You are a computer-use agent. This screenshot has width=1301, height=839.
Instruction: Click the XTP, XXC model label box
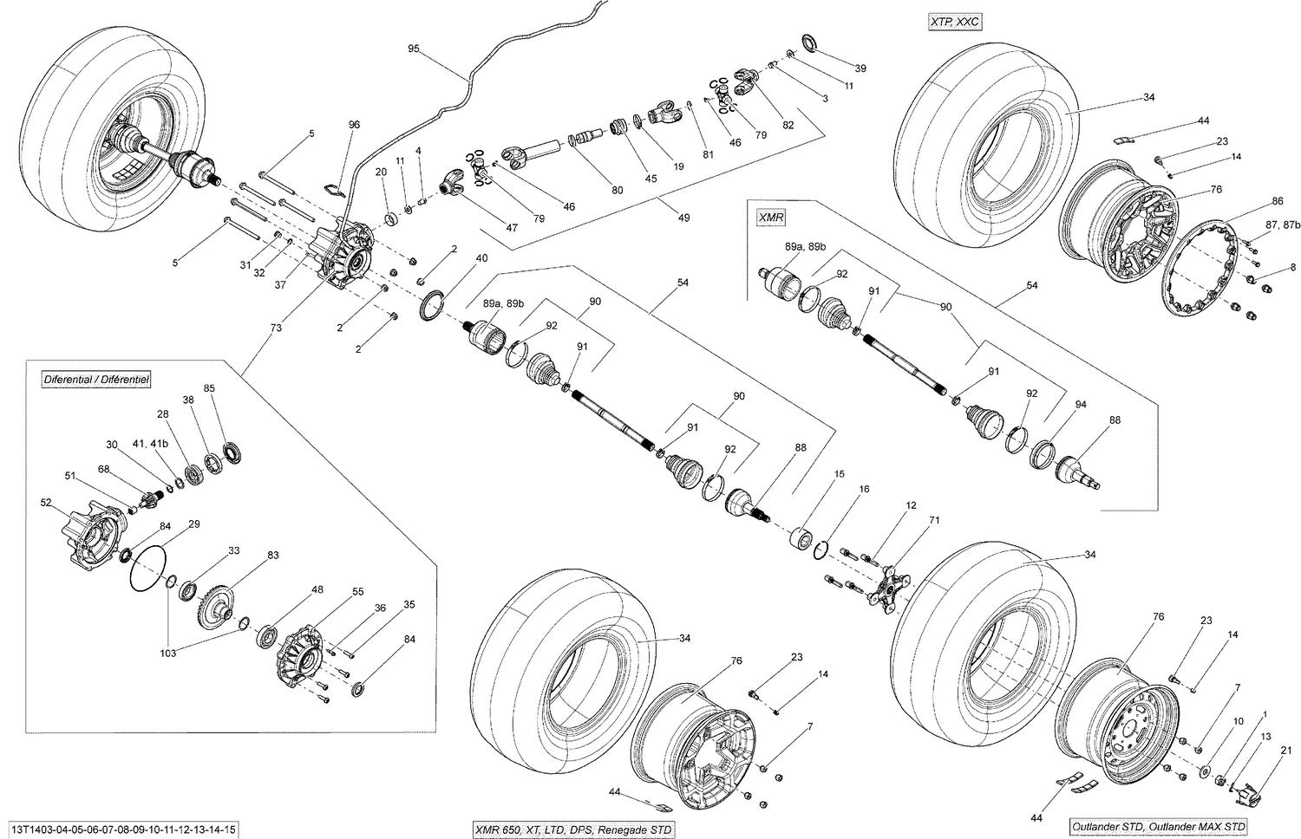click(952, 22)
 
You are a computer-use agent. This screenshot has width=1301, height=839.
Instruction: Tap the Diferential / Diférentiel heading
click(97, 380)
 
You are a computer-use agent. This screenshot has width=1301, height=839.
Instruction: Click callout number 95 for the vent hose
click(414, 49)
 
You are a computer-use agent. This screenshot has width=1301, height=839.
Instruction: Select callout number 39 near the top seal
click(860, 68)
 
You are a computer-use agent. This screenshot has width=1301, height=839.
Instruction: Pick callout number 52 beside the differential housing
click(46, 502)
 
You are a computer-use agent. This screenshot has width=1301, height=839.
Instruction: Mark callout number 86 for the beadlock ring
click(1277, 201)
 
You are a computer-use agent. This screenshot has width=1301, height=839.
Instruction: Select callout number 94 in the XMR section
click(1080, 405)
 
